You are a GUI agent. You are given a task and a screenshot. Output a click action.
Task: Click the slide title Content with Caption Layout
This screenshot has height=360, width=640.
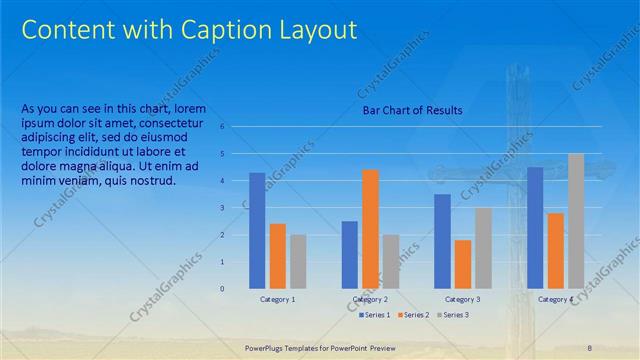[x=189, y=30]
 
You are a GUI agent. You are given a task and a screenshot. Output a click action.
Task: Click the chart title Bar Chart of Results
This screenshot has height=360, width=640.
[x=412, y=110]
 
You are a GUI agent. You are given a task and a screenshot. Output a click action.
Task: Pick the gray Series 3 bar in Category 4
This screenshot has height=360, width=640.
[x=576, y=221]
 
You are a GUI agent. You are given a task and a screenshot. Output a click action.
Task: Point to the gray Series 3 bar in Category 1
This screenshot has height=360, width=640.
[x=299, y=262]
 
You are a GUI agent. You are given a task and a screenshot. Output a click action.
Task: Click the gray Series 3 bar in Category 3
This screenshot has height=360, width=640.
[x=483, y=248]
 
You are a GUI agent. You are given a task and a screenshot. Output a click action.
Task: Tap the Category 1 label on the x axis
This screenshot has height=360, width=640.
[x=278, y=299]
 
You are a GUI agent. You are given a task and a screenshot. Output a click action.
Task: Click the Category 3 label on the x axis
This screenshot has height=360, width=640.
[x=462, y=299]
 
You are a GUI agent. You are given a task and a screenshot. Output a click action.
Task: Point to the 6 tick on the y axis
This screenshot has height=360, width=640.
[x=236, y=127]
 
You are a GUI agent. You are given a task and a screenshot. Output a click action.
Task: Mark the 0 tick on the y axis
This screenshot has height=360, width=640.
[x=236, y=289]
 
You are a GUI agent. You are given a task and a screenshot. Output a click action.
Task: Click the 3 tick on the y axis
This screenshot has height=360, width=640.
[x=236, y=208]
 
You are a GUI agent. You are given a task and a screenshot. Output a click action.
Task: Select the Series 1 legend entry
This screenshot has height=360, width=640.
[x=376, y=315]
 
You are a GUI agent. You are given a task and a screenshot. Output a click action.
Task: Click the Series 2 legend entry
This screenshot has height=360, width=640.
[x=414, y=315]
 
